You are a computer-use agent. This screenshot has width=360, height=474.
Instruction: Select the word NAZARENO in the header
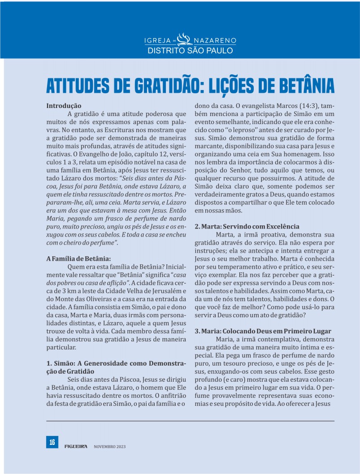(214, 41)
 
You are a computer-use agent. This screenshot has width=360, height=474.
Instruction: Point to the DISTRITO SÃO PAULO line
(190, 50)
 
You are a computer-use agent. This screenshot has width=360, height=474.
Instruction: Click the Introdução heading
(64, 106)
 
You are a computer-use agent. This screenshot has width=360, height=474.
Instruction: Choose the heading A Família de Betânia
(78, 259)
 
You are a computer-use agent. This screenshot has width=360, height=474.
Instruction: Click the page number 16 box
(52, 442)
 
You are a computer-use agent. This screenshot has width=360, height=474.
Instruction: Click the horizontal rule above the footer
(190, 421)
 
